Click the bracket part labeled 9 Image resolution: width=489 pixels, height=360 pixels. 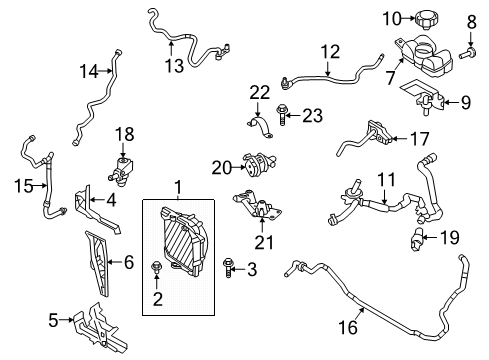point(424,99)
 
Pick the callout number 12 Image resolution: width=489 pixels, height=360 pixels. point(331,49)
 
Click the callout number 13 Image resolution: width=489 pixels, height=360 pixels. point(175,67)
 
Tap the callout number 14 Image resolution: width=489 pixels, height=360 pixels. point(90,70)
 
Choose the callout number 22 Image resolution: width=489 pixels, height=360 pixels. point(260,92)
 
